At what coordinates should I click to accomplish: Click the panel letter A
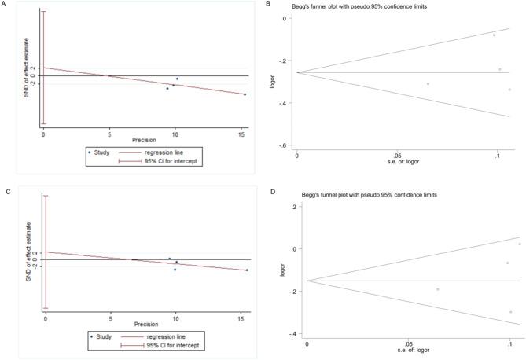6,6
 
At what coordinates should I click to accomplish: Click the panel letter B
270,6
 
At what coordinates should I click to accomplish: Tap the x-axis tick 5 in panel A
109,134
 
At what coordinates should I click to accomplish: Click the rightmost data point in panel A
245,94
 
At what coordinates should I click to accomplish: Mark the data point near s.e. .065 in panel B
428,83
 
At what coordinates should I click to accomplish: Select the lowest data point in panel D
510,312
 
